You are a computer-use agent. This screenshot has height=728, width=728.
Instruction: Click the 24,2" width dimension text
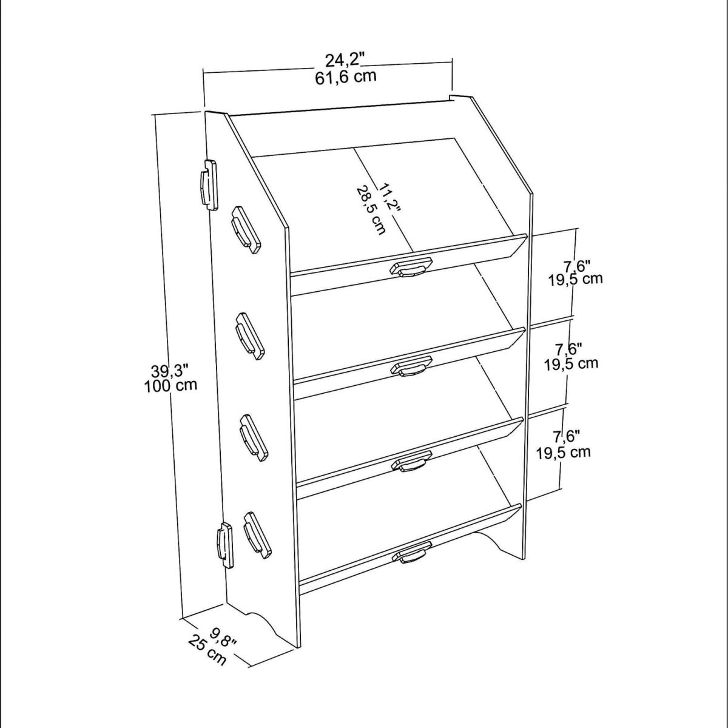tap(345, 61)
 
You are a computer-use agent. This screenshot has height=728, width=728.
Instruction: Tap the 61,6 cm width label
tap(346, 78)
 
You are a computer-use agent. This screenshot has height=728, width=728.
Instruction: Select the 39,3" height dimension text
tap(170, 372)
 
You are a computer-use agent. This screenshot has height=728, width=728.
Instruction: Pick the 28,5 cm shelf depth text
tap(371, 210)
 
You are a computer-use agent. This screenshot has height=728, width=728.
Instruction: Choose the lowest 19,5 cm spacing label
tap(563, 452)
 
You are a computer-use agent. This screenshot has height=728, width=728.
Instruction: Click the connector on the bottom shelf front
tap(412, 552)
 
